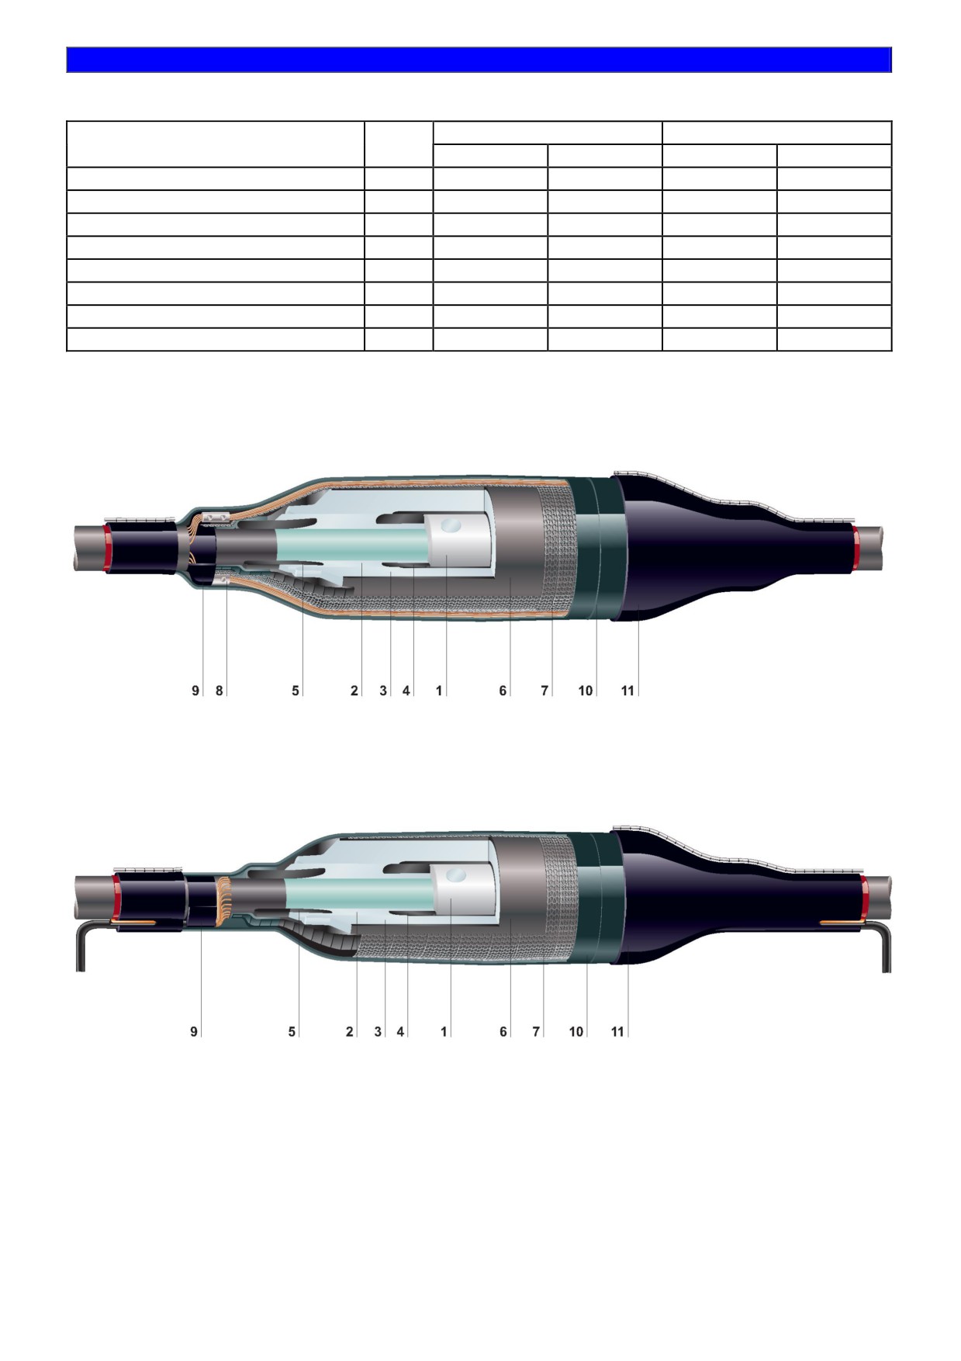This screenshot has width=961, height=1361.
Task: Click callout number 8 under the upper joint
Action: [x=220, y=691]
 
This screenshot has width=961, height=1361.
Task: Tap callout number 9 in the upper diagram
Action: [x=195, y=691]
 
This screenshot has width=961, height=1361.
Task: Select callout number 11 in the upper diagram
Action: [x=627, y=691]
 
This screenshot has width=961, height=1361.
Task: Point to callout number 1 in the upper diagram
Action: [x=439, y=691]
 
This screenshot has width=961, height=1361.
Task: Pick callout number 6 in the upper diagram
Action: [x=503, y=691]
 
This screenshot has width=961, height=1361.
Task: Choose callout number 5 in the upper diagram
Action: [x=296, y=691]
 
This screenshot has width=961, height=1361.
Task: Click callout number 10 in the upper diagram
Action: [x=586, y=691]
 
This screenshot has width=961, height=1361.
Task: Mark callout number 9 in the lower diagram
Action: [x=194, y=1032]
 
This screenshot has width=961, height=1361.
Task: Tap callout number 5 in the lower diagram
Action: [x=292, y=1032]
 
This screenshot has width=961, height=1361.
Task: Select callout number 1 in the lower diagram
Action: [x=444, y=1032]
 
